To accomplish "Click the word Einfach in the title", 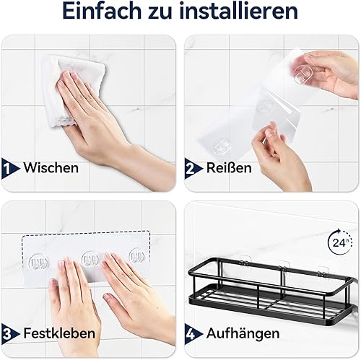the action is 102,11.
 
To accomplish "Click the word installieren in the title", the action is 239,11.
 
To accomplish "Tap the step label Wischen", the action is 51,167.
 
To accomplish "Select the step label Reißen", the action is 229,167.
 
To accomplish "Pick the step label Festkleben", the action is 59,333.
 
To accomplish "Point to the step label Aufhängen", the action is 243,334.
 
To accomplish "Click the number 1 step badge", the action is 9,168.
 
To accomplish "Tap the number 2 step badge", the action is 192,168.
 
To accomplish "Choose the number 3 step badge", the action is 9,334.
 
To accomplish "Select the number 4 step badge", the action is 192,334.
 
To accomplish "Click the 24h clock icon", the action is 340,242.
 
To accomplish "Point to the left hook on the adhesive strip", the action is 38,261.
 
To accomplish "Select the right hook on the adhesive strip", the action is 137,257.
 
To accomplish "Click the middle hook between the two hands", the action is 90,259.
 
